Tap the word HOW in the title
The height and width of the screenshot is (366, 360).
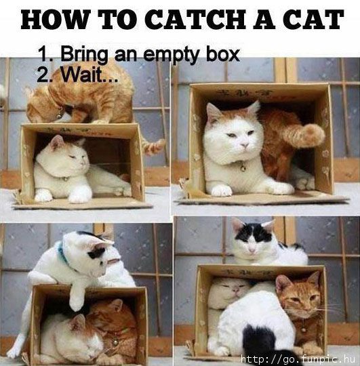pos(54,20)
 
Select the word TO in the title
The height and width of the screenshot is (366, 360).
pos(111,20)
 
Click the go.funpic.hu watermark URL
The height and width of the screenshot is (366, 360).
pos(298,359)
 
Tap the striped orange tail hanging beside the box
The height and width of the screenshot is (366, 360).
pos(152,146)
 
